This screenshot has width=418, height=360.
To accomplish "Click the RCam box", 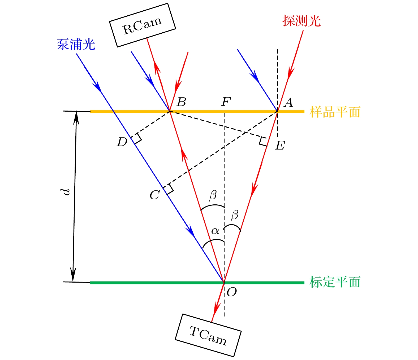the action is [x=142, y=25].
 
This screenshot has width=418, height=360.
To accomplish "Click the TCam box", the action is [x=208, y=335].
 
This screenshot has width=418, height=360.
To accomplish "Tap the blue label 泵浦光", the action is [x=76, y=44].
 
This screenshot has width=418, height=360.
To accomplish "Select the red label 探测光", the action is [x=301, y=21].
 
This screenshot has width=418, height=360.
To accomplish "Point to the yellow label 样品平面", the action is [x=335, y=112].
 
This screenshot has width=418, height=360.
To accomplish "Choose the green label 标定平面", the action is [x=335, y=282].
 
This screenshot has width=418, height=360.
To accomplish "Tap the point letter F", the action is [x=226, y=102].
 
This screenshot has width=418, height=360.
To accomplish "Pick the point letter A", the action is [x=288, y=103].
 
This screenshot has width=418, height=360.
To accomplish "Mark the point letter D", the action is [x=122, y=142].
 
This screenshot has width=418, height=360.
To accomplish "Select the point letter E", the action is [x=280, y=145].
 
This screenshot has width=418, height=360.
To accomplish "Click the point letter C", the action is [x=155, y=195].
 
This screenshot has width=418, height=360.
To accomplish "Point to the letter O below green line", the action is [x=232, y=292].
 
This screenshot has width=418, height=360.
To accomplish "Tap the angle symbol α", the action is [x=215, y=231].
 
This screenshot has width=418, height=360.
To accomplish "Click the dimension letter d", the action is [x=65, y=192].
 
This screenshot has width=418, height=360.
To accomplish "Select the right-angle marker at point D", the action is [x=136, y=138].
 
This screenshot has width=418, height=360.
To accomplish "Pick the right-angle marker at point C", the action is [x=168, y=189].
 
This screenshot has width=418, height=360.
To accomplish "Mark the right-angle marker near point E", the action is [x=264, y=141].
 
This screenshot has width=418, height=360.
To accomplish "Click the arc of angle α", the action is [x=213, y=244].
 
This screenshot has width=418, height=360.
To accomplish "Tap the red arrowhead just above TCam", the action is [x=216, y=309].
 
